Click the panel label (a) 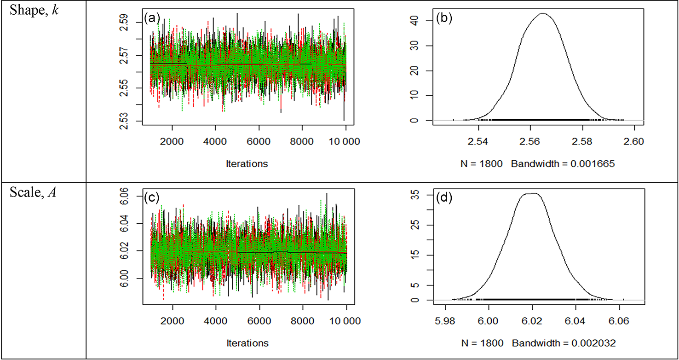tap(151, 18)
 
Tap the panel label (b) tap(434, 20)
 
